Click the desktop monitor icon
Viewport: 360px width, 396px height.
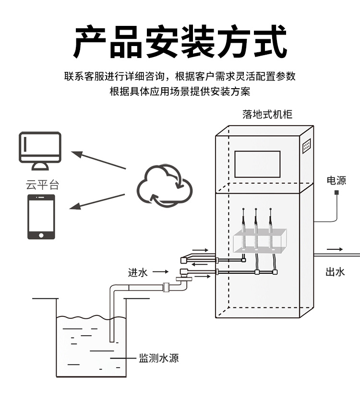(40, 151)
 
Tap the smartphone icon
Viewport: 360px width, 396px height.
(41, 216)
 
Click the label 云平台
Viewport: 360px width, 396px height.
(42, 185)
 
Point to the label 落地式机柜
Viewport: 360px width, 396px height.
(267, 115)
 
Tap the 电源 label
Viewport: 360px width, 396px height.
(336, 180)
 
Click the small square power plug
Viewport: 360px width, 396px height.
(336, 193)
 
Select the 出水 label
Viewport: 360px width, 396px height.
(335, 272)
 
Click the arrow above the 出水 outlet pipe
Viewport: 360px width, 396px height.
(335, 249)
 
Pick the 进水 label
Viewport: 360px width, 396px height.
(138, 272)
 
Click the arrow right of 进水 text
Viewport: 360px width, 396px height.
(161, 272)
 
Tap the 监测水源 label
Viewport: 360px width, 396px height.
(159, 358)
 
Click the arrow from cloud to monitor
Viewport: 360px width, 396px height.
(98, 160)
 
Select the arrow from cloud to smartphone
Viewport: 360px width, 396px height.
(98, 201)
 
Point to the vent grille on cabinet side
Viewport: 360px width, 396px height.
(306, 146)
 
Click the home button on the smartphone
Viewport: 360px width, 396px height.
(41, 235)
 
